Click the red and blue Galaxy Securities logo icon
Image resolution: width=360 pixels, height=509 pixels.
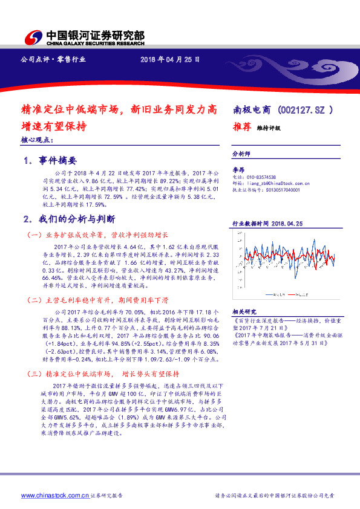point(34,37)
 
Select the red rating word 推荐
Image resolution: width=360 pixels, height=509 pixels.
point(243,127)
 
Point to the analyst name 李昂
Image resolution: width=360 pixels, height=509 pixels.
point(239,171)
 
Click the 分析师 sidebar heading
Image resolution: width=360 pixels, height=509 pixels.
point(242,154)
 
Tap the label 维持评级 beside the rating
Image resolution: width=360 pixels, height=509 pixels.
point(269,128)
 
